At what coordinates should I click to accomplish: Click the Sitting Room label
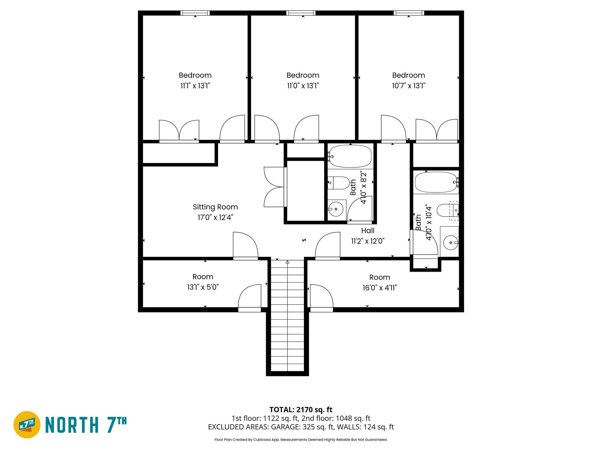pyautogui.click(x=215, y=207)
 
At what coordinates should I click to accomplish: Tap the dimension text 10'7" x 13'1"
pyautogui.click(x=408, y=86)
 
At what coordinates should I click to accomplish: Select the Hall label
pyautogui.click(x=368, y=230)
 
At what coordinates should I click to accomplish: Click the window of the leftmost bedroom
pyautogui.click(x=195, y=13)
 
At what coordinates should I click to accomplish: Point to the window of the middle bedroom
pyautogui.click(x=301, y=13)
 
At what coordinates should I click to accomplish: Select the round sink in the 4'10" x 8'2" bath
pyautogui.click(x=336, y=209)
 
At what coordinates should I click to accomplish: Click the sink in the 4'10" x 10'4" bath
pyautogui.click(x=450, y=242)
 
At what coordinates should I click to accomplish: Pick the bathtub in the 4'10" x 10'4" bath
pyautogui.click(x=436, y=182)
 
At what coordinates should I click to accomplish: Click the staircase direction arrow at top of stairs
pyautogui.click(x=287, y=262)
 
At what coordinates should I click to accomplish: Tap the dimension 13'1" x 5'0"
pyautogui.click(x=203, y=287)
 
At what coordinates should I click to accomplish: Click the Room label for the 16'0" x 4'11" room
pyautogui.click(x=379, y=277)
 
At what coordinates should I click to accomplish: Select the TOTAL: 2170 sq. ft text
pyautogui.click(x=301, y=409)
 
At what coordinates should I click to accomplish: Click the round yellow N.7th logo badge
pyautogui.click(x=27, y=425)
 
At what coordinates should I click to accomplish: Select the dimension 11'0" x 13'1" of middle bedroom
pyautogui.click(x=303, y=86)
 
